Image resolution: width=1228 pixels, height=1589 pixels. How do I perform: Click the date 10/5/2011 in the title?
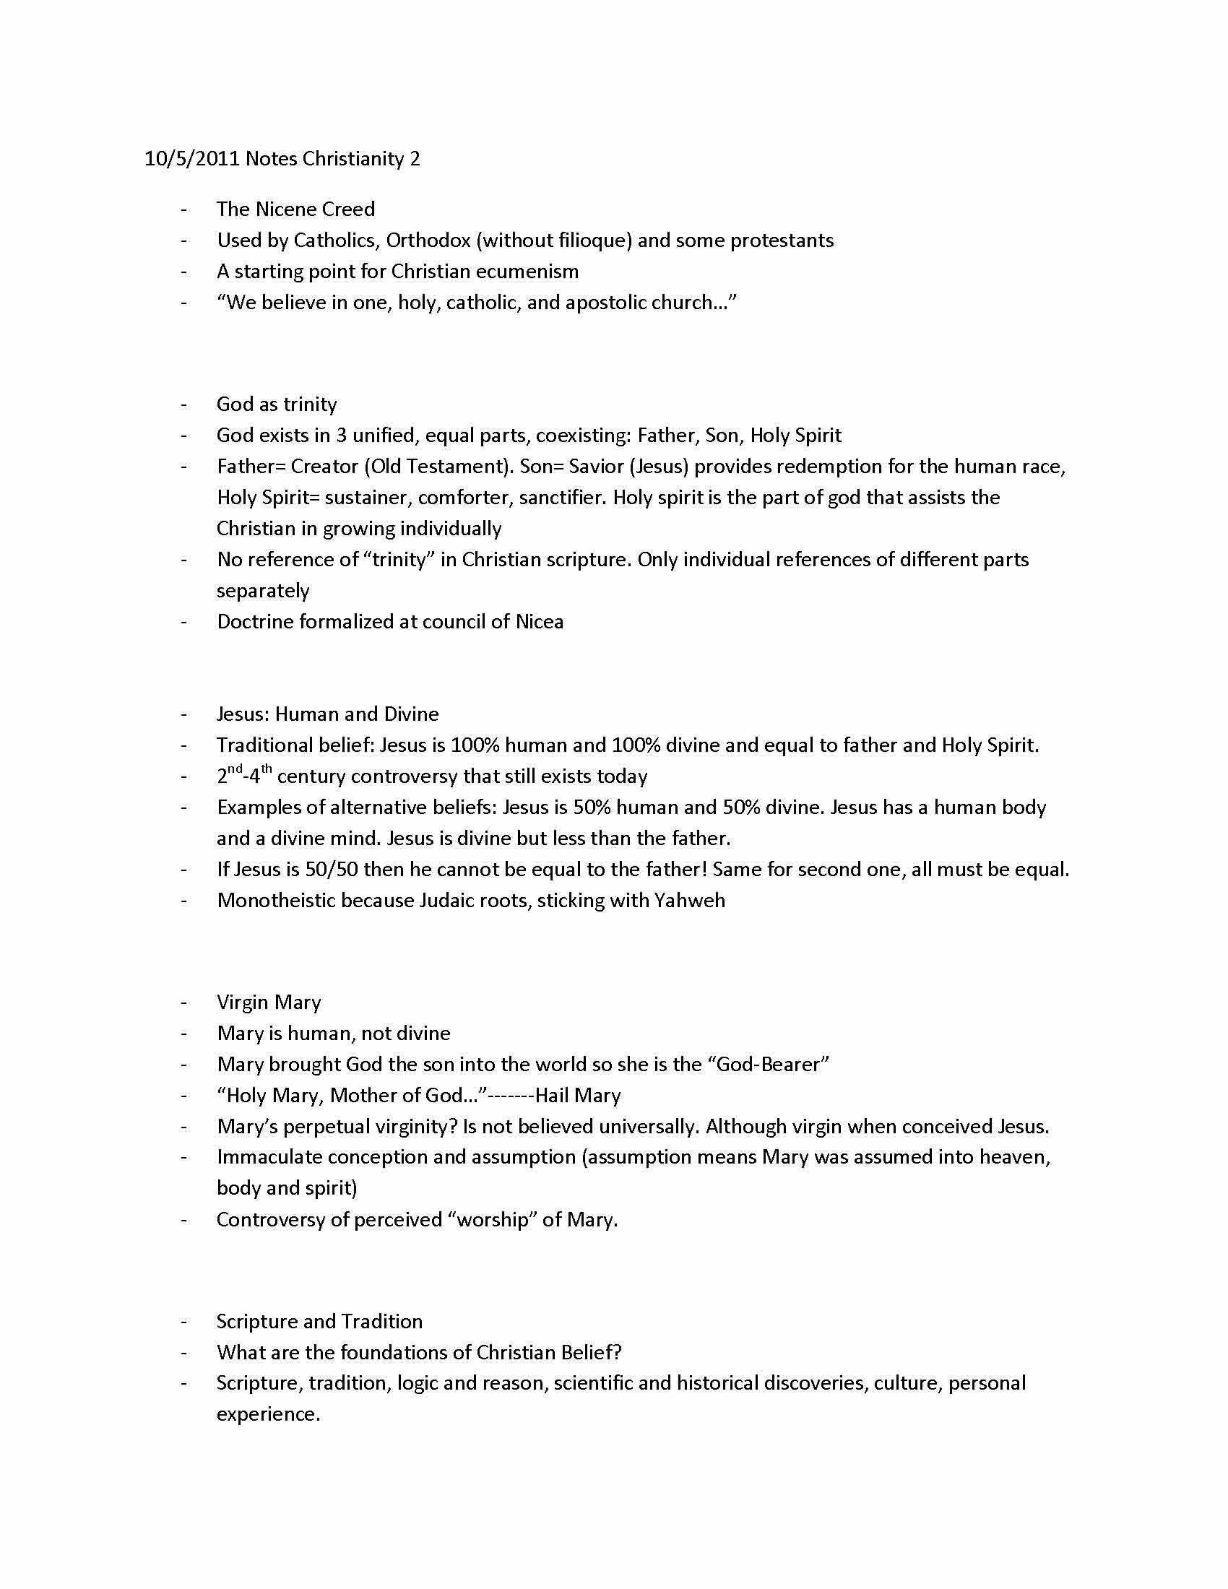[192, 159]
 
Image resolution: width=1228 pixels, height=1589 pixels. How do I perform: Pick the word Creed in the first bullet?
[348, 209]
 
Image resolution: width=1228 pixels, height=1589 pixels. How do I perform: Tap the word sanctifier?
[551, 498]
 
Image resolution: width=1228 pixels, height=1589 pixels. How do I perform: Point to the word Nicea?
[539, 622]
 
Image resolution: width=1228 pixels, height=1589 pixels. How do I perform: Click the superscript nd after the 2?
[235, 769]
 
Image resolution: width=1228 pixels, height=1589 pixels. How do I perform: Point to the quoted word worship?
[496, 1220]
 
